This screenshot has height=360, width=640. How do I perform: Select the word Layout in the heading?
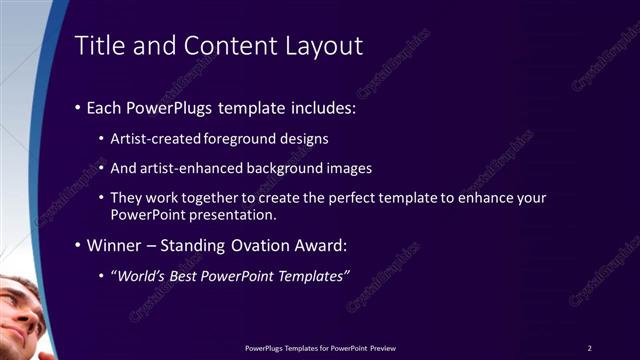[x=325, y=46]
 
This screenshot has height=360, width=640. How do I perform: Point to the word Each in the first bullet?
[x=105, y=107]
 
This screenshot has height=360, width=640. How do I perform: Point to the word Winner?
[x=114, y=245]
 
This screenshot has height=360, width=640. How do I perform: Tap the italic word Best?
[x=190, y=276]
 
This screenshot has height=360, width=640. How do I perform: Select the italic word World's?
[x=142, y=276]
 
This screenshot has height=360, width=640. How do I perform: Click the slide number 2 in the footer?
[x=590, y=347]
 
